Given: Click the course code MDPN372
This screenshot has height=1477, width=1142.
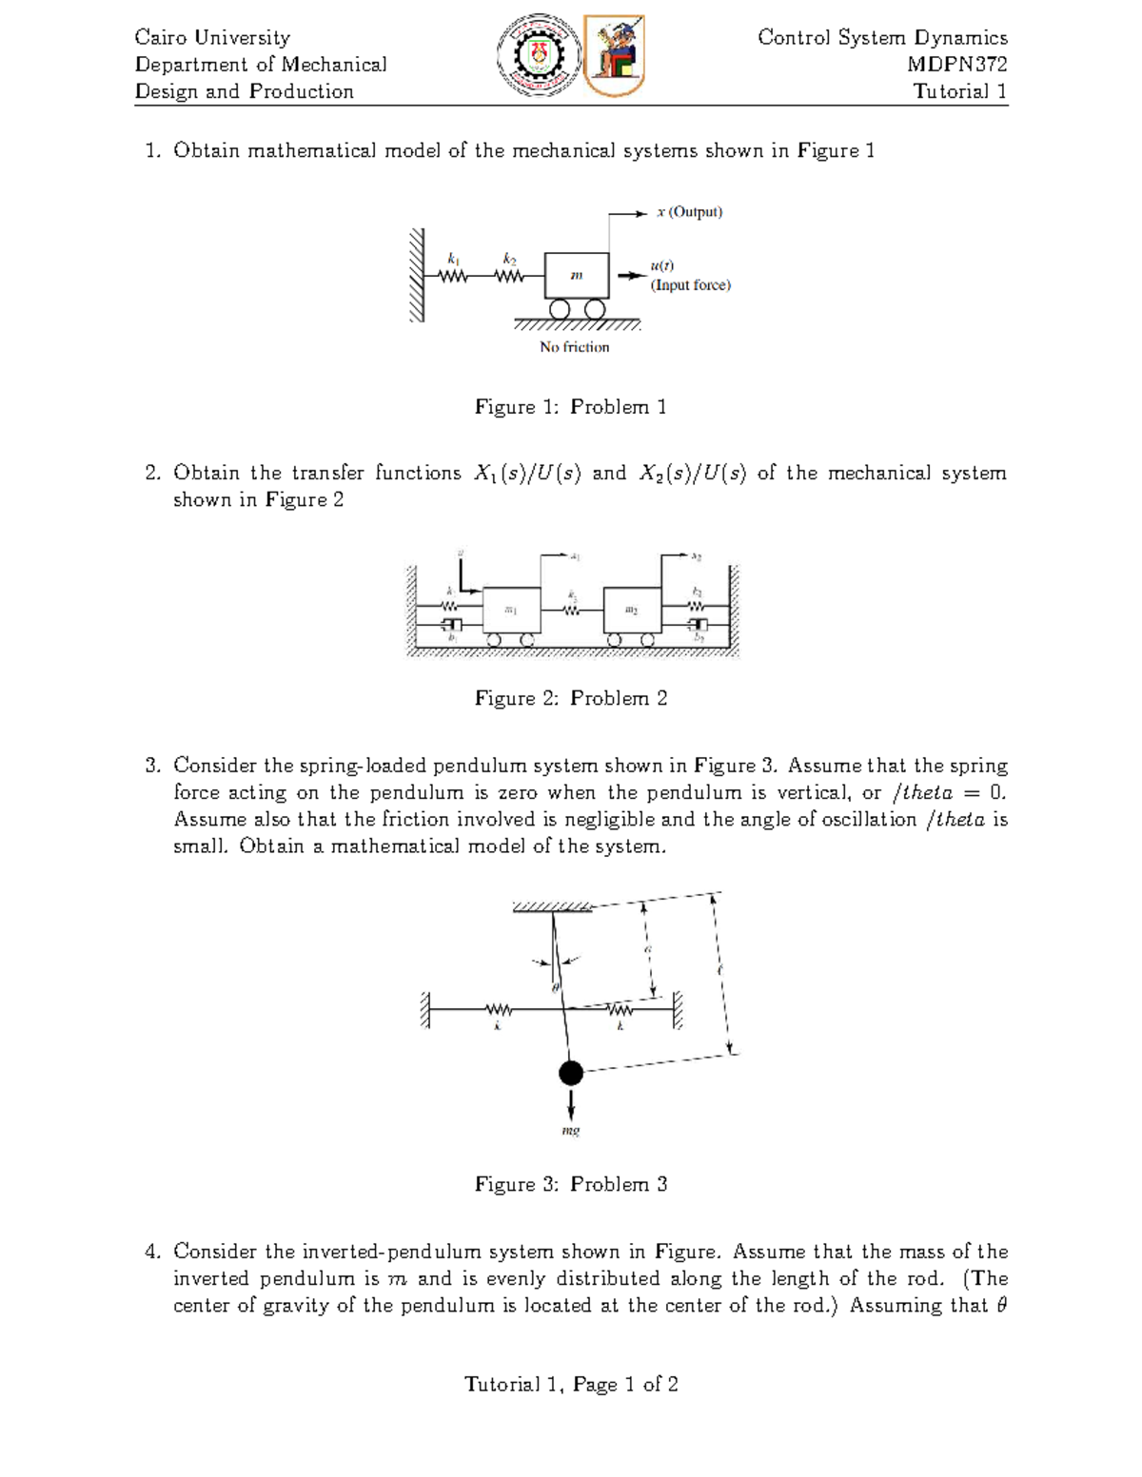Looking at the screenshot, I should pyautogui.click(x=956, y=65).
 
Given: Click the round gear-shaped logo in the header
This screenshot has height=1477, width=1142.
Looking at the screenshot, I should pyautogui.click(x=539, y=55).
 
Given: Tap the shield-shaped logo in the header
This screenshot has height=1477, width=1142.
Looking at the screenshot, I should pyautogui.click(x=614, y=55).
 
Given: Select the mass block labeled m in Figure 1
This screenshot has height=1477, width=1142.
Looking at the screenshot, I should pyautogui.click(x=577, y=276).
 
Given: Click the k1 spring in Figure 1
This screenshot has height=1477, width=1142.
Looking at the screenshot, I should pyautogui.click(x=454, y=276).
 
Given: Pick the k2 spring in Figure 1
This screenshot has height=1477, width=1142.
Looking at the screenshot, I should pyautogui.click(x=509, y=276).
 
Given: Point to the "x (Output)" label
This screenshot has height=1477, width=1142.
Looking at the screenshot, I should pyautogui.click(x=689, y=212).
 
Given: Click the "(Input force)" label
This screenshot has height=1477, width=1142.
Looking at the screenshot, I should pyautogui.click(x=690, y=285).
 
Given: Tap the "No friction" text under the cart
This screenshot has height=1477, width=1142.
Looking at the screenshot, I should pyautogui.click(x=574, y=347).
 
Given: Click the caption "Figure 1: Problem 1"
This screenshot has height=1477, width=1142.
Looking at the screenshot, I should pyautogui.click(x=571, y=407).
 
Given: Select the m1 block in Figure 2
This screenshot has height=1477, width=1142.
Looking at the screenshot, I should pyautogui.click(x=511, y=610).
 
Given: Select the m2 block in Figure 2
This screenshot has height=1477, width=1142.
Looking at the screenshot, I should pyautogui.click(x=632, y=610).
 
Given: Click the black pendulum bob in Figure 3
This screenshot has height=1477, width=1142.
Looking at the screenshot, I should pyautogui.click(x=571, y=1073).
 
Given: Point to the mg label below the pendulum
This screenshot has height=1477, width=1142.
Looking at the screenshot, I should pyautogui.click(x=571, y=1131).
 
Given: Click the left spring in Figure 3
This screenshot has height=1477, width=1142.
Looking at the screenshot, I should pyautogui.click(x=498, y=1009).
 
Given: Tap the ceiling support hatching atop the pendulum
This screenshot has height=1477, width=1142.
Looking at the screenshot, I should pyautogui.click(x=552, y=907).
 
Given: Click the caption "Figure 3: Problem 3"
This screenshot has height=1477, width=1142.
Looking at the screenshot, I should pyautogui.click(x=571, y=1184).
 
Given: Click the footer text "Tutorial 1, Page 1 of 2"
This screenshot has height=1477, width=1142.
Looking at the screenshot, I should pyautogui.click(x=571, y=1385).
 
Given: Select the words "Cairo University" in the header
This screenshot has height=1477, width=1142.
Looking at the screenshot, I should pyautogui.click(x=212, y=38).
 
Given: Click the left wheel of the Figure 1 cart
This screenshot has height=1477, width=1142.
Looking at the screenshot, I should pyautogui.click(x=560, y=309).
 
